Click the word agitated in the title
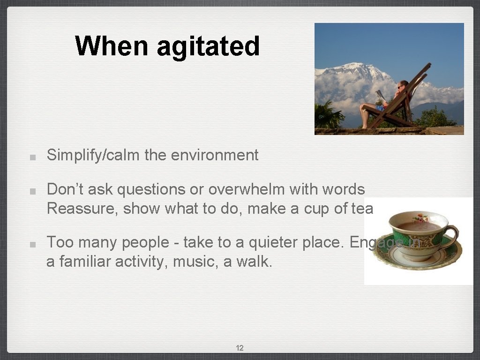pyautogui.click(x=208, y=46)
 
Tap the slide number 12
pyautogui.click(x=240, y=348)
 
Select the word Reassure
pyautogui.click(x=82, y=208)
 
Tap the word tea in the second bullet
pyautogui.click(x=362, y=208)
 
